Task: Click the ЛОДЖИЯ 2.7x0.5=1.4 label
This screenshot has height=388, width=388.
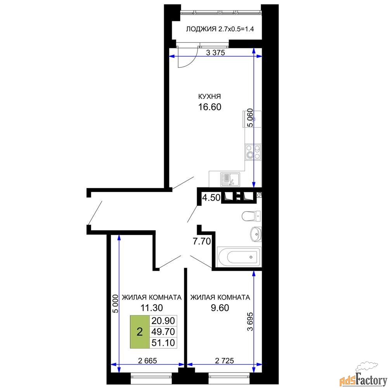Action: click(x=220, y=29)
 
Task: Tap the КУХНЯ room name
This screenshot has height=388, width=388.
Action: click(x=210, y=96)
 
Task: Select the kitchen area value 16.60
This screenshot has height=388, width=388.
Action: click(x=210, y=107)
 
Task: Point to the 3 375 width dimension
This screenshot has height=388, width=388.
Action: click(x=215, y=52)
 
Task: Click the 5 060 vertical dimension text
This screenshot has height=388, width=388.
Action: click(x=250, y=118)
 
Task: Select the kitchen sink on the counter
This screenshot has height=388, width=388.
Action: click(x=230, y=180)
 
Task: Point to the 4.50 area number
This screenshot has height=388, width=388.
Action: click(x=211, y=198)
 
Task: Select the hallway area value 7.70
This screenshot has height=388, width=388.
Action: click(x=202, y=241)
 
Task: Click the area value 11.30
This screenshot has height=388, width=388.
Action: click(x=152, y=308)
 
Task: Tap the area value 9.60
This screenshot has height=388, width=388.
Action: click(x=220, y=308)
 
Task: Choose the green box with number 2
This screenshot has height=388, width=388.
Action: click(x=140, y=332)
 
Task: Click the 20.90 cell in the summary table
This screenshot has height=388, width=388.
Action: click(x=163, y=321)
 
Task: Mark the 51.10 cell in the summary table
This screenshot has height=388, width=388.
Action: click(x=163, y=343)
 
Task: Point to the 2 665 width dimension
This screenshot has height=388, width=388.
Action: click(x=147, y=361)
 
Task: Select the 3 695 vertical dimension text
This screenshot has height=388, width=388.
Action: click(x=250, y=321)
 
